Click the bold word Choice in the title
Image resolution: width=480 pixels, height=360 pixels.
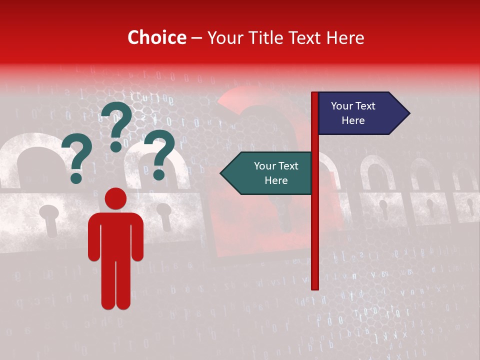click(x=156, y=37)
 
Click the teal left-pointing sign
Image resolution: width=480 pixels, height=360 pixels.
click(x=270, y=173)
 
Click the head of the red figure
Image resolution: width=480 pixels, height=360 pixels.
click(x=115, y=198)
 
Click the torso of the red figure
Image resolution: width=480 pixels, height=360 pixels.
click(x=115, y=235)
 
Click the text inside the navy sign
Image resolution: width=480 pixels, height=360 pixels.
click(x=353, y=113)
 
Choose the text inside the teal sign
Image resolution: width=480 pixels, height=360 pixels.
click(x=276, y=173)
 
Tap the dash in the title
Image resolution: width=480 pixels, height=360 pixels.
click(x=196, y=38)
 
